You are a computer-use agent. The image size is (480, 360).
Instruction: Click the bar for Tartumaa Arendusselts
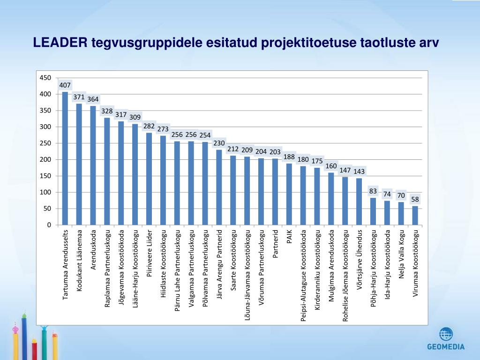point(65,158)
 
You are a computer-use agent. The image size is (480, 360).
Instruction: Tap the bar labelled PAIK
point(289,194)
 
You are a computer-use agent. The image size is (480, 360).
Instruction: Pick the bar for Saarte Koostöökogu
point(233,190)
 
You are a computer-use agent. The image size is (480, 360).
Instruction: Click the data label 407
point(65,85)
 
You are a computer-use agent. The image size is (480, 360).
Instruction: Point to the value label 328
point(107,111)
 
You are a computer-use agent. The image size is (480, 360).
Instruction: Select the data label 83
point(373,191)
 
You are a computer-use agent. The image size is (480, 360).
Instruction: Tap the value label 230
point(219,143)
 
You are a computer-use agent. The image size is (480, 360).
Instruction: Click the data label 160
point(331,166)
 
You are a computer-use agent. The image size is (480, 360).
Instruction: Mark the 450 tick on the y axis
point(45,78)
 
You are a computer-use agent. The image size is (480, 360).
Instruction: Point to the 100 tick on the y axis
point(45,192)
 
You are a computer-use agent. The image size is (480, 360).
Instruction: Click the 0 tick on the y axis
point(48,225)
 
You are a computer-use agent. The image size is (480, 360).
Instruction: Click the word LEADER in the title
point(60,43)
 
